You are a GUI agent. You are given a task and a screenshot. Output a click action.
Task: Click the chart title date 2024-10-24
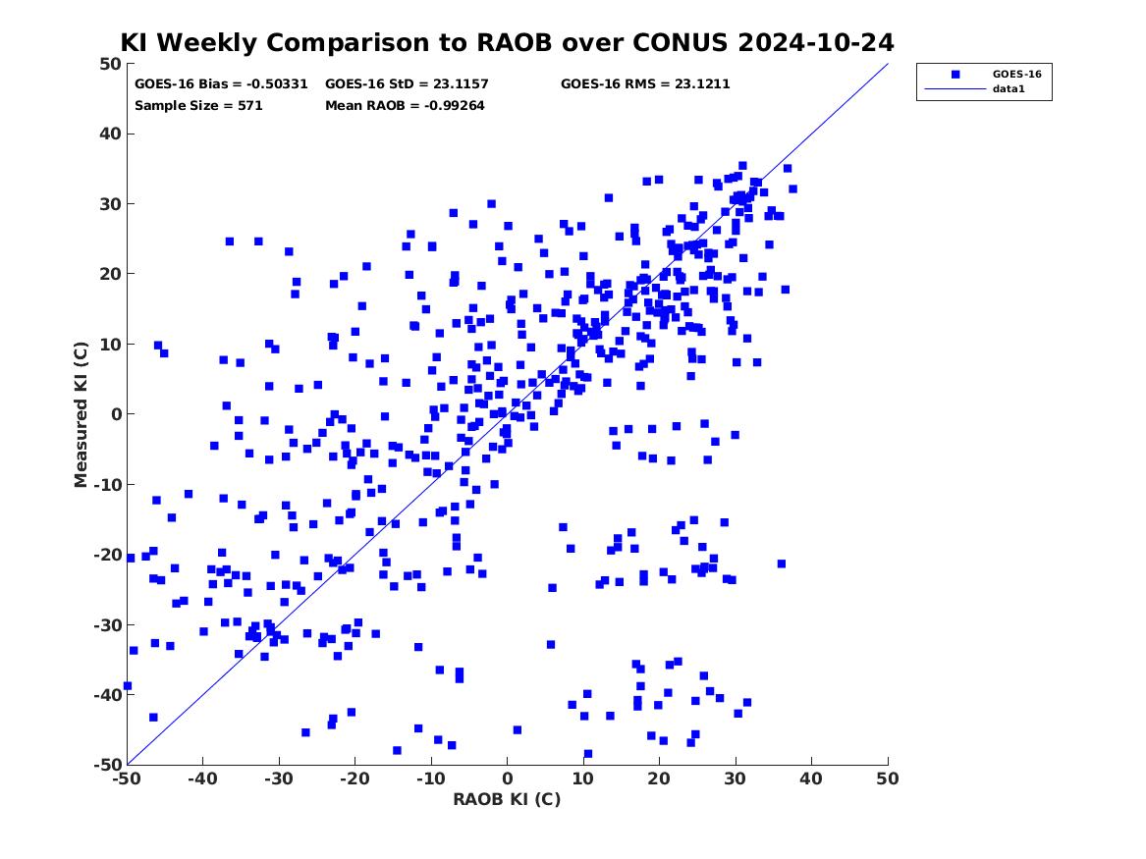(x=816, y=42)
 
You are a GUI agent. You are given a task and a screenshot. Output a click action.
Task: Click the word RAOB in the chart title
(x=516, y=42)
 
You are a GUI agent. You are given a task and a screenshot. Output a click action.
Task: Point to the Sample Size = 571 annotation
(x=198, y=106)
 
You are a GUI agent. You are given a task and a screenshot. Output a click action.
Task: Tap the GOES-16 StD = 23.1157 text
(x=407, y=84)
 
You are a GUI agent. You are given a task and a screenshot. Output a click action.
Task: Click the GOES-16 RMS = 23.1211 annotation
(x=645, y=84)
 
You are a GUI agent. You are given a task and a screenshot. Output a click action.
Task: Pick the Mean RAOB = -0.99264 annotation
(x=405, y=106)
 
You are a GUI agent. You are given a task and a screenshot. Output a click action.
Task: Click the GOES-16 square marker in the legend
(x=955, y=75)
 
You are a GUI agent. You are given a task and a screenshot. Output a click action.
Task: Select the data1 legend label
(x=1009, y=89)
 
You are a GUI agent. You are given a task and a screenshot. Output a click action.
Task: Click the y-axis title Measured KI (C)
(x=81, y=414)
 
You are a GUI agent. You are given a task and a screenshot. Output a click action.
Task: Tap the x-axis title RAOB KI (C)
(x=507, y=799)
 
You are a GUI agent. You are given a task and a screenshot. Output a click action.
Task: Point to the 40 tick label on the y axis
(x=110, y=134)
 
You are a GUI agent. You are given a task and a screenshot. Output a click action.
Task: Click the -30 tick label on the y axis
(x=107, y=625)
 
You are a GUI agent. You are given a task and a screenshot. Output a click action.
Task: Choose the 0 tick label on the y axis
(x=116, y=414)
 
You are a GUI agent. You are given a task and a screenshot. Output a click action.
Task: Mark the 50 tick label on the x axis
(x=888, y=779)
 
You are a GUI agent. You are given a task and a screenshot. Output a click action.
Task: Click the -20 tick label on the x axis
(x=355, y=779)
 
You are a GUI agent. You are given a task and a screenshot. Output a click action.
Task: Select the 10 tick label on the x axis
(x=583, y=779)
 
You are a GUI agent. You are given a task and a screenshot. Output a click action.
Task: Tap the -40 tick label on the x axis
(x=202, y=779)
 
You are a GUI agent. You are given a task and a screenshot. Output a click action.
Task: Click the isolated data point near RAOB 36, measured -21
(x=782, y=564)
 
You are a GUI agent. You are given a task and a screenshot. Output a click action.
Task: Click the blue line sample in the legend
(x=955, y=89)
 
